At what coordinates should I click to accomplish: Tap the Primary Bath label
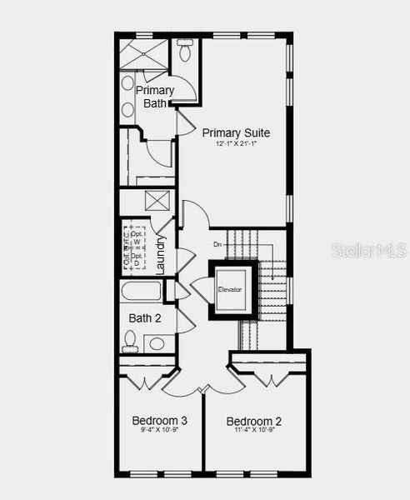click(156, 97)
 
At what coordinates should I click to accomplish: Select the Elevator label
click(230, 289)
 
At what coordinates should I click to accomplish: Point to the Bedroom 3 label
click(159, 421)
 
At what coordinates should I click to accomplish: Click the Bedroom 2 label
click(254, 422)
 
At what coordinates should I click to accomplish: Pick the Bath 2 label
click(145, 317)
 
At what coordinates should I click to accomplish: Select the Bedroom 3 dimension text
click(159, 432)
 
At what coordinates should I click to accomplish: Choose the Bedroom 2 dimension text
click(254, 432)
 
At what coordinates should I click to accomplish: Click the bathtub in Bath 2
click(142, 292)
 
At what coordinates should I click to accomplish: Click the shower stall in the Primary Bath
click(144, 52)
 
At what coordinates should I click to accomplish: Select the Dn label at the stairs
click(217, 244)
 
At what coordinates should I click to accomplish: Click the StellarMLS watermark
click(368, 250)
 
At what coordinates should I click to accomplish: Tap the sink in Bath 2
click(156, 342)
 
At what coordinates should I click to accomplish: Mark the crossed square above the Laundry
click(157, 202)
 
